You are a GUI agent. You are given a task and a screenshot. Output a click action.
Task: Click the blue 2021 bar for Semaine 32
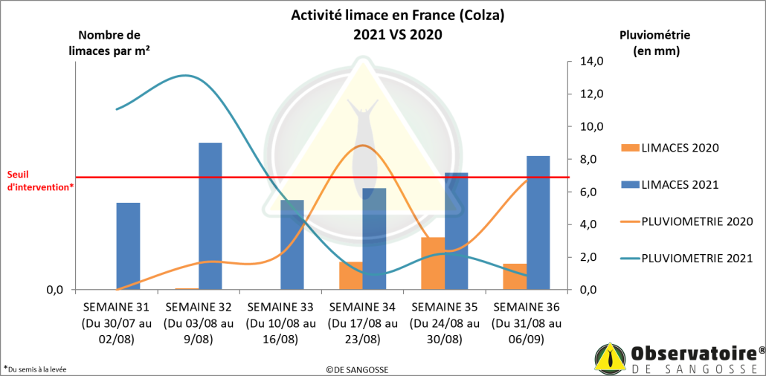(210, 215)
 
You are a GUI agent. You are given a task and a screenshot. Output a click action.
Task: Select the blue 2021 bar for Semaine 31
(128, 246)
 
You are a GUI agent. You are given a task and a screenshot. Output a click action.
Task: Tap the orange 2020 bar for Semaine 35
(433, 263)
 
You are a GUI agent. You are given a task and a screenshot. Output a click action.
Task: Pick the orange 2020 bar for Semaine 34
(351, 276)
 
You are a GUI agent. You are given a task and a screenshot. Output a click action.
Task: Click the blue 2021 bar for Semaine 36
(538, 222)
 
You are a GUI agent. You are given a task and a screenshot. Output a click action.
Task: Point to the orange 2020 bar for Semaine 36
(515, 276)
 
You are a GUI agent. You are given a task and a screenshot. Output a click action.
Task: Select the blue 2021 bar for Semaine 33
(292, 244)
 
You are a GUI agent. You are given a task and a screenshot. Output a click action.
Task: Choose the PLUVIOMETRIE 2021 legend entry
(686, 258)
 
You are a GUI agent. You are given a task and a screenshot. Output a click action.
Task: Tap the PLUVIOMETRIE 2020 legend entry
(686, 221)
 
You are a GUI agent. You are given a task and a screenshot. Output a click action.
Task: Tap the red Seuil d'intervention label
(39, 181)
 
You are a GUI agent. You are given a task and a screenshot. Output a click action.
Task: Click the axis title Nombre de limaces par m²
(119, 42)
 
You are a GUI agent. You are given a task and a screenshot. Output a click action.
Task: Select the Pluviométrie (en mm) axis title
(654, 42)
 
